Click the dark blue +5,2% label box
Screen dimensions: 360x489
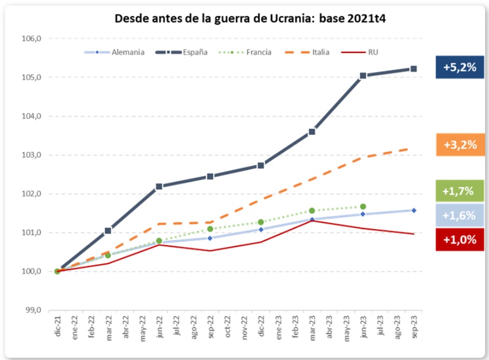click(459, 67)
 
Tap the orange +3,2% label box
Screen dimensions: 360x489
click(459, 145)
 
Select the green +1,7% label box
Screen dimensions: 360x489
click(459, 191)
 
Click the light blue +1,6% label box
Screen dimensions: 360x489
click(459, 216)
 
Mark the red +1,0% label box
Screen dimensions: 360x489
click(459, 240)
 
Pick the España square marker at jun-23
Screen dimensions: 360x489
click(363, 75)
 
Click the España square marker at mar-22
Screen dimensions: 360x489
click(108, 230)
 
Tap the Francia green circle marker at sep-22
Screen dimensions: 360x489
click(210, 228)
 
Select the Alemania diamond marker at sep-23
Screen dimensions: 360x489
click(414, 210)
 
